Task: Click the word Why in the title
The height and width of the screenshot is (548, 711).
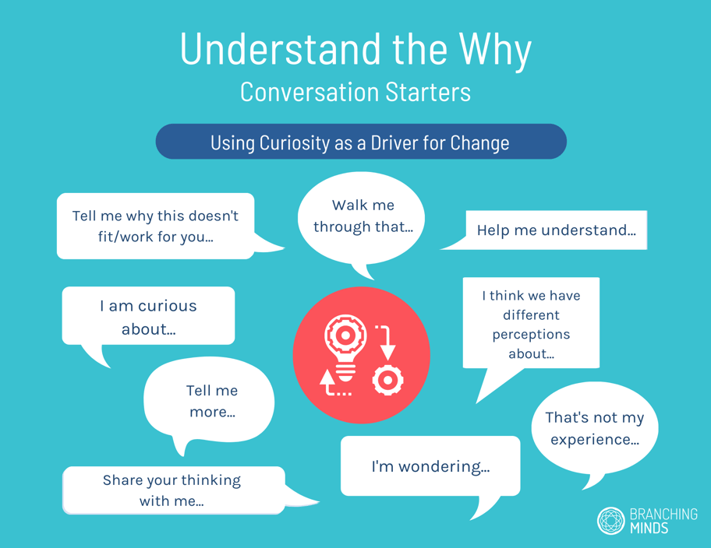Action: [x=495, y=51]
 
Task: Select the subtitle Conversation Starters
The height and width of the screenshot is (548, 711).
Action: [x=355, y=92]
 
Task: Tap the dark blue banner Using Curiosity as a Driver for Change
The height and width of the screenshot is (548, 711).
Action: [x=361, y=142]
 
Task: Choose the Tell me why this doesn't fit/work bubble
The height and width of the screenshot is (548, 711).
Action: [x=156, y=226]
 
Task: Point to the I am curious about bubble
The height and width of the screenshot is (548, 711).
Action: [x=148, y=316]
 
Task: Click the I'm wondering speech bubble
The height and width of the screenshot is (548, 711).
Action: [x=430, y=466]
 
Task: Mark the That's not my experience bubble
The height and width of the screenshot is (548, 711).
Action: [x=595, y=428]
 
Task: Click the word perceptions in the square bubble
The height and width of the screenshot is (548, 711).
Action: [x=531, y=335]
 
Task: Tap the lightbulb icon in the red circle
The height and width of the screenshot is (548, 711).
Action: [x=345, y=347]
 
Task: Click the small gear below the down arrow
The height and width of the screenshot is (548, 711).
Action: [x=387, y=380]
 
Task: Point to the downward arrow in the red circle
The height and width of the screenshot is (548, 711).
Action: [x=385, y=342]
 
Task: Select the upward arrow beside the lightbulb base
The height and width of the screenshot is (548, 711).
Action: [x=334, y=383]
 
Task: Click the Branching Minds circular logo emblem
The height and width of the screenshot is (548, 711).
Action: [x=610, y=521]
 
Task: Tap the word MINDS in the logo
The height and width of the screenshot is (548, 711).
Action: [x=649, y=528]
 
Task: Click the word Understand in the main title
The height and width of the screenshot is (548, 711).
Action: [x=281, y=49]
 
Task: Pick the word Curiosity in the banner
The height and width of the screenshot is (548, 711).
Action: [x=295, y=143]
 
